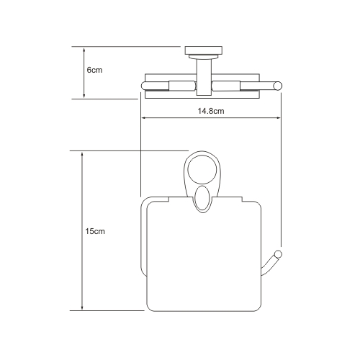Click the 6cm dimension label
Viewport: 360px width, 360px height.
(x=94, y=70)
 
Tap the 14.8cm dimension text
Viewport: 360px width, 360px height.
(x=211, y=111)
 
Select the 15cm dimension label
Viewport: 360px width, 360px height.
(x=95, y=231)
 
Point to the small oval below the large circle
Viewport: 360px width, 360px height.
(x=202, y=199)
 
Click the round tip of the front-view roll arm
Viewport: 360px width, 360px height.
(x=278, y=254)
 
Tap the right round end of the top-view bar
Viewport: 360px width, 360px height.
(x=278, y=86)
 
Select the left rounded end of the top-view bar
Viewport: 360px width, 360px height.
(x=143, y=86)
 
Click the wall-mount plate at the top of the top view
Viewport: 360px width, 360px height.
(x=204, y=50)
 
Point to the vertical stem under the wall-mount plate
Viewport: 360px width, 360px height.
(x=204, y=77)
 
